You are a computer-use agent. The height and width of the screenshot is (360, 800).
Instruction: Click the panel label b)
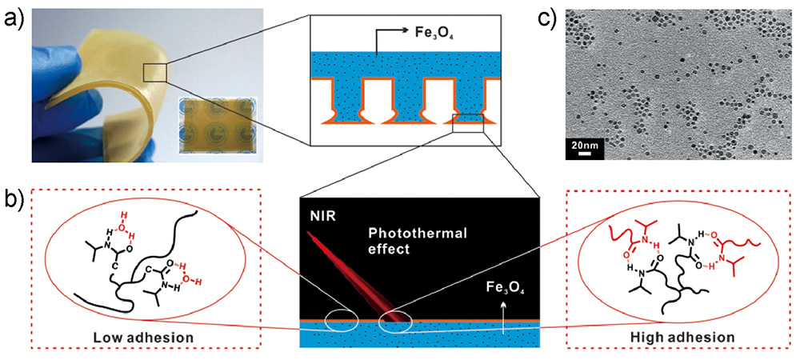[14, 197]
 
